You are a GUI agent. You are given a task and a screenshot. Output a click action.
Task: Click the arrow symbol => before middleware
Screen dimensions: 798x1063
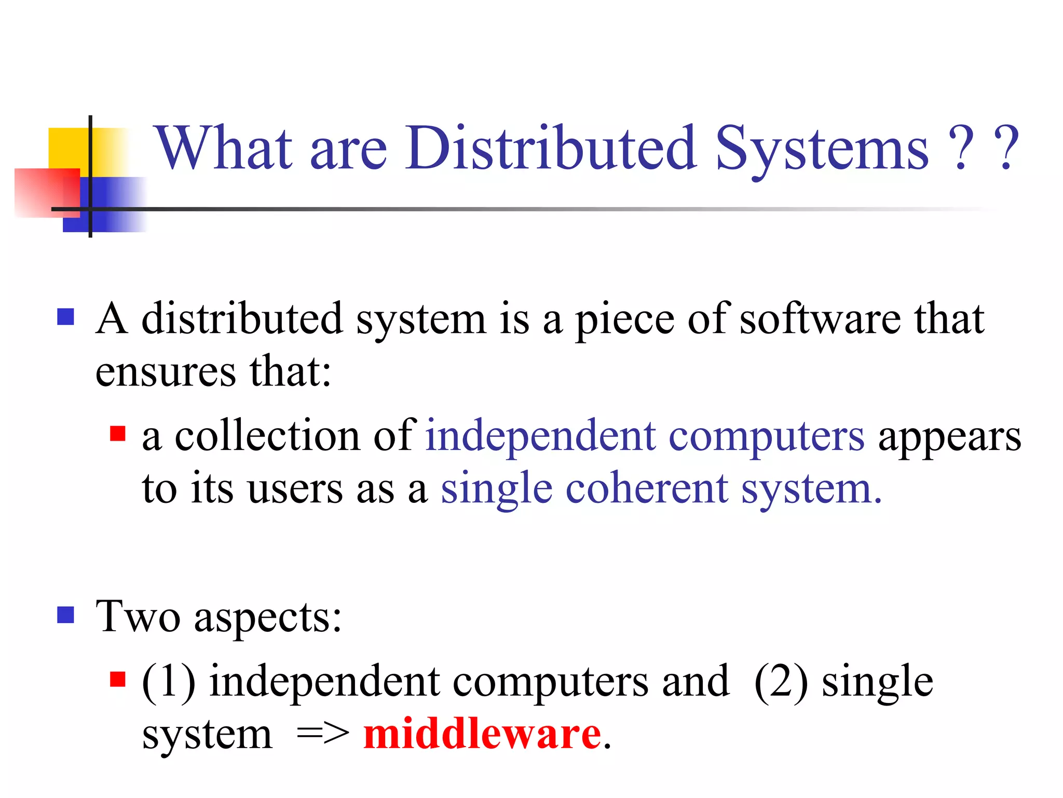(x=323, y=735)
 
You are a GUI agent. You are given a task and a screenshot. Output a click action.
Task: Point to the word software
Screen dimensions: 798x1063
(x=820, y=319)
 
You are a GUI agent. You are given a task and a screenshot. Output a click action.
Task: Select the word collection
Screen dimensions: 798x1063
(x=267, y=435)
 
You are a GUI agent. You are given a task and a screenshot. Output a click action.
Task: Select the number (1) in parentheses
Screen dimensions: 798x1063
(x=169, y=682)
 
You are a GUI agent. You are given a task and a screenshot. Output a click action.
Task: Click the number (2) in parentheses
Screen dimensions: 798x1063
(x=781, y=682)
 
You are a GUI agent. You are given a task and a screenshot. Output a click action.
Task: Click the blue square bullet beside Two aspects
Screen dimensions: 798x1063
(x=65, y=615)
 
